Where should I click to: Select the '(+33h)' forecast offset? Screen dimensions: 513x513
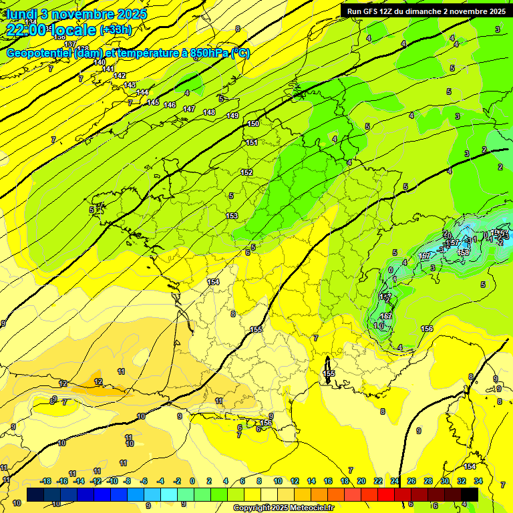tap(116, 30)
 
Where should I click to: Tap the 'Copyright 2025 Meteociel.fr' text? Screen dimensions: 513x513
tap(283, 508)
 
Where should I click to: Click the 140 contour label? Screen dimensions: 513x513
tap(100, 62)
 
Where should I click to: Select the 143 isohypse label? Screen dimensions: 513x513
tap(130, 85)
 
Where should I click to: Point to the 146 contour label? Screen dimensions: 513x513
tap(170, 105)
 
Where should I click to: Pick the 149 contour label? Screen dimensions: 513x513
tap(232, 116)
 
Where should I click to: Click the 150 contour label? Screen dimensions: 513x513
tap(253, 124)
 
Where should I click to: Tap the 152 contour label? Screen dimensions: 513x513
tap(246, 172)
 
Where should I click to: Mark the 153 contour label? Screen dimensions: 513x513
tap(232, 215)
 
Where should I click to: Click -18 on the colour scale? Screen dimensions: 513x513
tap(46, 481)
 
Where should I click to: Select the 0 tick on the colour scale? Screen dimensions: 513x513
tap(192, 481)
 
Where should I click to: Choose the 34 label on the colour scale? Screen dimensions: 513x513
tap(478, 481)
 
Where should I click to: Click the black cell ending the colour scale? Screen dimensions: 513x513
tap(469, 494)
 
